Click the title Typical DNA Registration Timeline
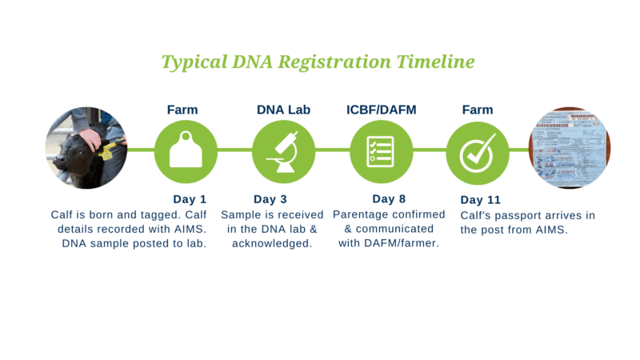coord(318,62)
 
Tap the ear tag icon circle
coord(186,150)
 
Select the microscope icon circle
coord(283,150)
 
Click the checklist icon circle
coord(381,150)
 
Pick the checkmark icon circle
coord(477,150)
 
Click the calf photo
coord(86,149)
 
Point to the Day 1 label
coord(190,199)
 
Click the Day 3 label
coord(270,199)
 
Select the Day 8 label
coord(389,199)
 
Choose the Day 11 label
coord(480,199)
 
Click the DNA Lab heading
coord(283,110)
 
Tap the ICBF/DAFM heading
coord(381,110)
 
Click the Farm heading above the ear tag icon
coord(182,110)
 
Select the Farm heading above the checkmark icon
coord(477,110)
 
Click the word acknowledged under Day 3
coord(271,243)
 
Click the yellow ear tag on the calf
coord(107,152)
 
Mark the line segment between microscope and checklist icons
coord(332,150)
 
